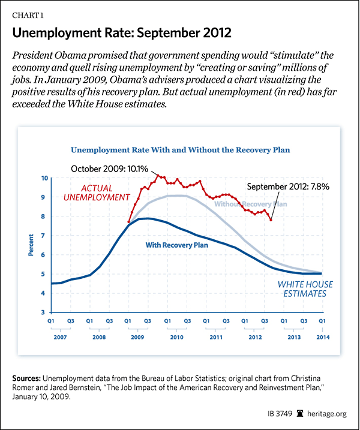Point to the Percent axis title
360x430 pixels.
pyautogui.click(x=31, y=245)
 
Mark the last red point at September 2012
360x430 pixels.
pyautogui.click(x=271, y=220)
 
